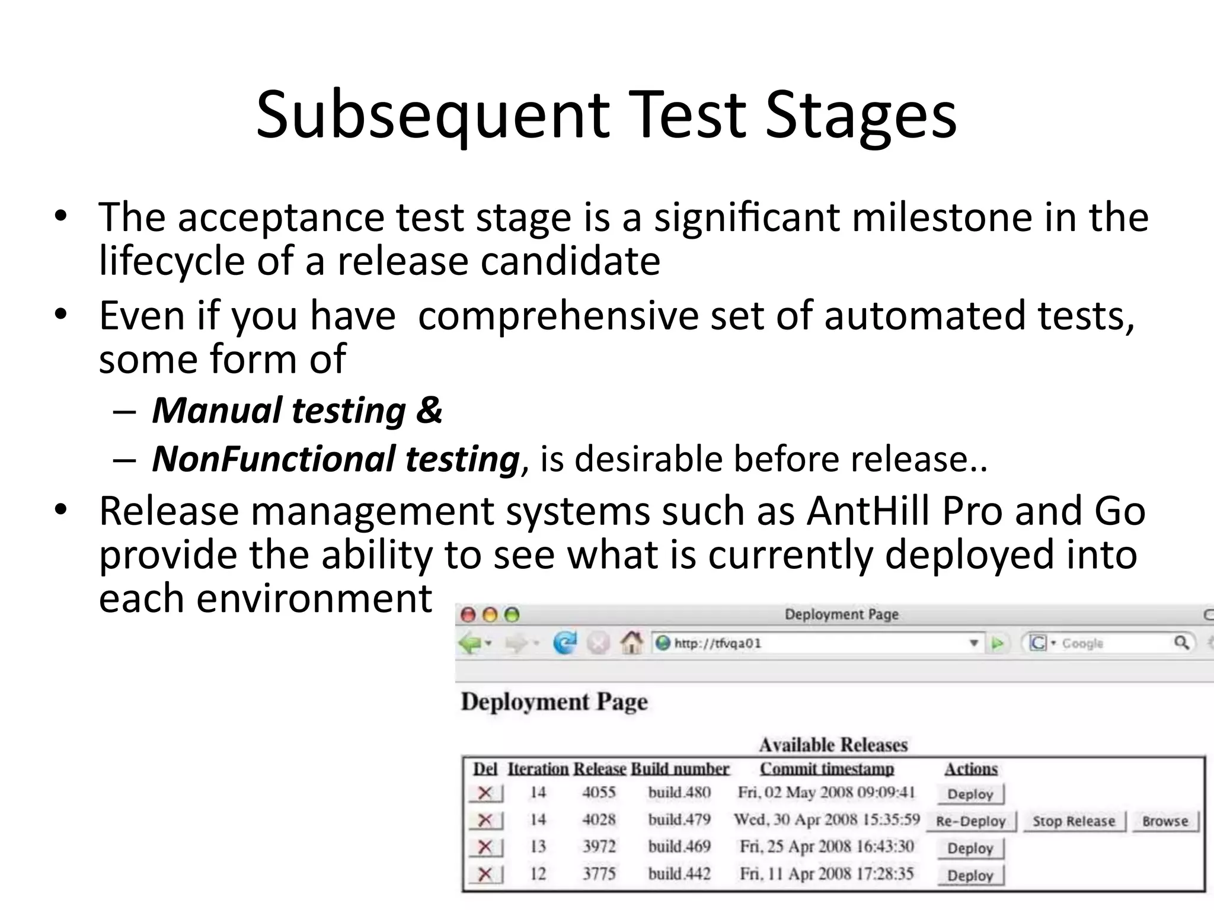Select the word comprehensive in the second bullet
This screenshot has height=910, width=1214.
pos(558,315)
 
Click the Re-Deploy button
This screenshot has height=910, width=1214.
pos(970,821)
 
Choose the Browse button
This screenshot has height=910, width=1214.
pos(1165,821)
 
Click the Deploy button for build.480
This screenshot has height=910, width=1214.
pos(970,794)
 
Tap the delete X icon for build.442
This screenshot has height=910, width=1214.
pos(485,874)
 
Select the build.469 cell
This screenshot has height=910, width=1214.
pos(679,846)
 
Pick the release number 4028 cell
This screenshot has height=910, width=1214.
pos(599,819)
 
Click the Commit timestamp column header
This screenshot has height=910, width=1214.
pos(827,768)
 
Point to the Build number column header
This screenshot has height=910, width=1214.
pos(680,768)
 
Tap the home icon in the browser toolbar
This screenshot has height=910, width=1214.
pos(632,643)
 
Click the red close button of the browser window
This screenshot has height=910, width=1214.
pos(468,615)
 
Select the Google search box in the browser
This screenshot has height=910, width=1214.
pos(1108,643)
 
